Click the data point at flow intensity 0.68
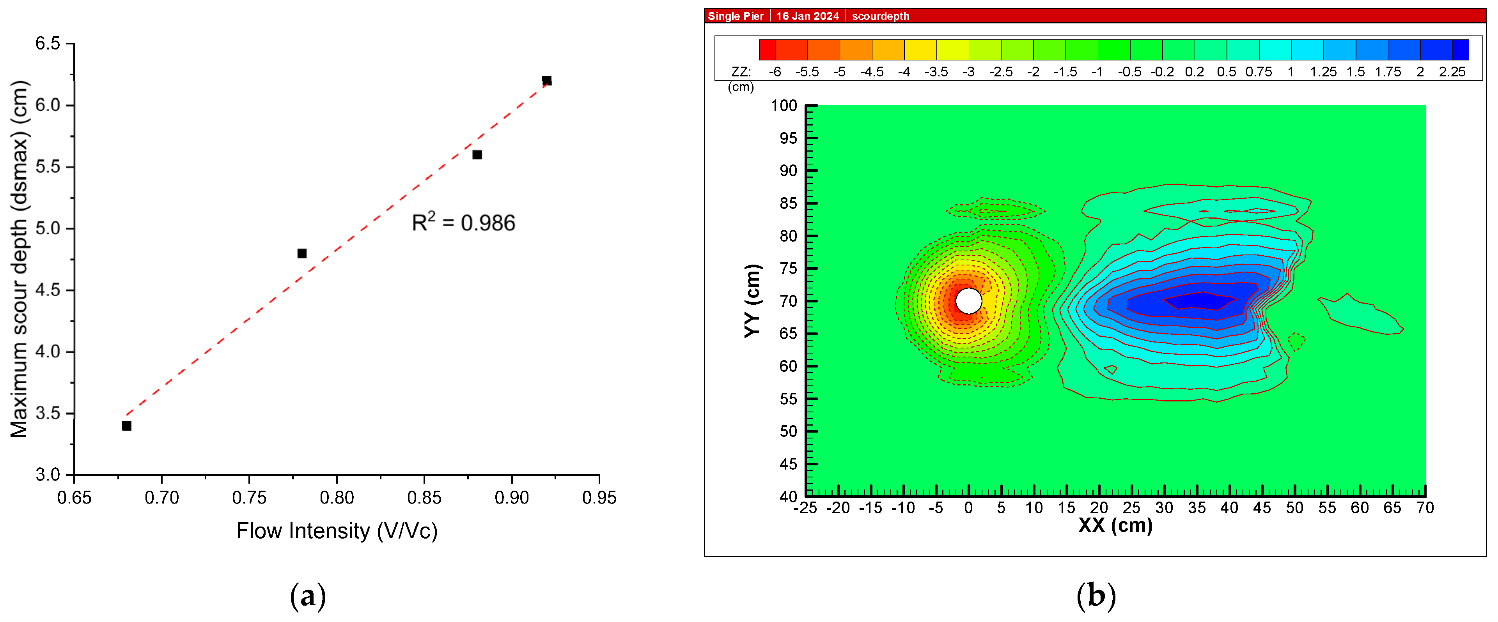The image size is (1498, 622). point(127,426)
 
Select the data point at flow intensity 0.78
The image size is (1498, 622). point(302,253)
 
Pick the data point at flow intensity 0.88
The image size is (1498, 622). point(477,155)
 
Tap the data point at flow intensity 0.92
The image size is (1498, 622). point(547,81)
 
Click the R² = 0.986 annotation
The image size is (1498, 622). point(463,223)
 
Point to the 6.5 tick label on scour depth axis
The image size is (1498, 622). point(48,44)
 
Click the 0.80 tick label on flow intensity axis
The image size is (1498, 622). point(337,498)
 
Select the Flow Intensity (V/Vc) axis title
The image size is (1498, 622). point(337,531)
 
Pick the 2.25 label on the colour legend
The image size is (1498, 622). point(1452,72)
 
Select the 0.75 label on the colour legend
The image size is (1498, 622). point(1259,72)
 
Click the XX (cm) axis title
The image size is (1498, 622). point(1115,525)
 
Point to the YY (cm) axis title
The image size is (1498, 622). point(752,300)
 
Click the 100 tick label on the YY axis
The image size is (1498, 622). point(784,106)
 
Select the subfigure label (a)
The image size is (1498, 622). point(308,596)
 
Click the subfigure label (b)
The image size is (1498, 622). point(1096,596)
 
